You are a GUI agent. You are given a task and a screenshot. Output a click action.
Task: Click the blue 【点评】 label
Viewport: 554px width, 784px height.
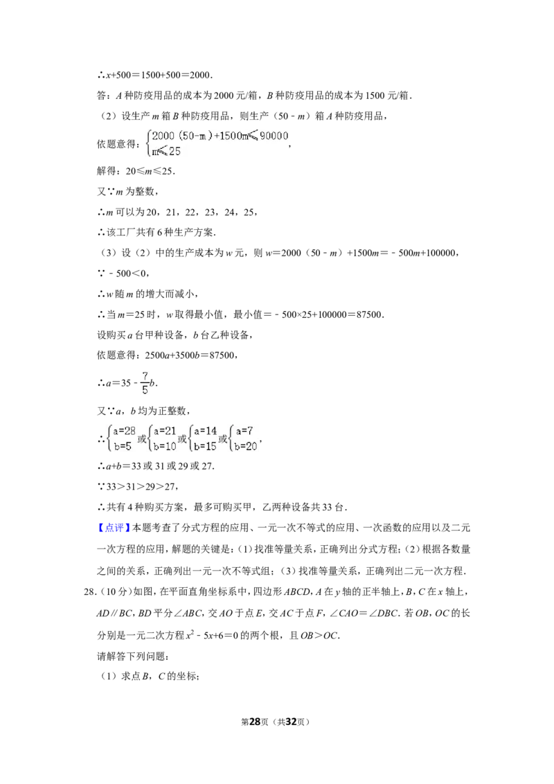(113, 528)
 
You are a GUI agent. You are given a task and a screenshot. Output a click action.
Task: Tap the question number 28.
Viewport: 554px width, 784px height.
(89, 592)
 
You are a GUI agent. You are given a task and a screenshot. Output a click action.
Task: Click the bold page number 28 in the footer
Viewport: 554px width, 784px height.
(255, 722)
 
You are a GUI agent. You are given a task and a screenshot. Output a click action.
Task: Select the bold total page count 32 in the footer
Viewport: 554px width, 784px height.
(291, 722)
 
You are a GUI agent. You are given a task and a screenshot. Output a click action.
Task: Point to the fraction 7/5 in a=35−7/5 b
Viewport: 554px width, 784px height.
(145, 382)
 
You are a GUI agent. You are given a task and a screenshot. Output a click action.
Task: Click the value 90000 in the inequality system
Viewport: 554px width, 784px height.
(274, 136)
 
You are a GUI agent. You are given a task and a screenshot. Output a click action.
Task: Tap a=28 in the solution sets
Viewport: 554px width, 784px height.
(124, 431)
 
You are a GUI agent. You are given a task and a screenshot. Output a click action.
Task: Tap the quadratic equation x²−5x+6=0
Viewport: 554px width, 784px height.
(212, 635)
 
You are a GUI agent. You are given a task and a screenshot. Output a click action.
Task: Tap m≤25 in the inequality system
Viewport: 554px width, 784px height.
(166, 151)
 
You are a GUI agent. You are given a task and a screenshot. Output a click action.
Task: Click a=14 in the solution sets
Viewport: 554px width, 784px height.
(206, 431)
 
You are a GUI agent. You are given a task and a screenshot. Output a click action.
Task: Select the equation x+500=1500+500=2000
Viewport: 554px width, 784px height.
(159, 75)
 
